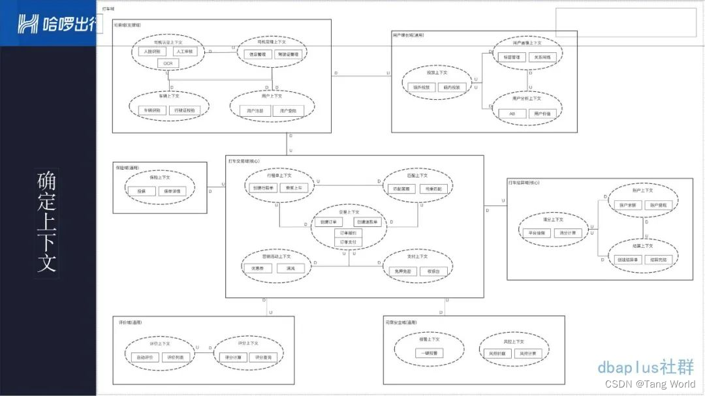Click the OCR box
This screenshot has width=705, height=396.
pos(168,63)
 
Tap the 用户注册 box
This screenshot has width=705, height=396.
pos(255,111)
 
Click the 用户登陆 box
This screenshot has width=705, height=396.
pos(289,111)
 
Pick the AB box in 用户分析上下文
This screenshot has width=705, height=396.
pos(512,114)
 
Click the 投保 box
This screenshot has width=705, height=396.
pos(142,191)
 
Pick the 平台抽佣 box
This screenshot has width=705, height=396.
pos(538,232)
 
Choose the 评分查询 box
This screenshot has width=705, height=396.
pos(264,357)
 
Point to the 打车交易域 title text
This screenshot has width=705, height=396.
pos(243,160)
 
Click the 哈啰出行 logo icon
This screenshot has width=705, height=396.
pos(27,24)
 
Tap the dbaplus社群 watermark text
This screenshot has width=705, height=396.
pos(646,367)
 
